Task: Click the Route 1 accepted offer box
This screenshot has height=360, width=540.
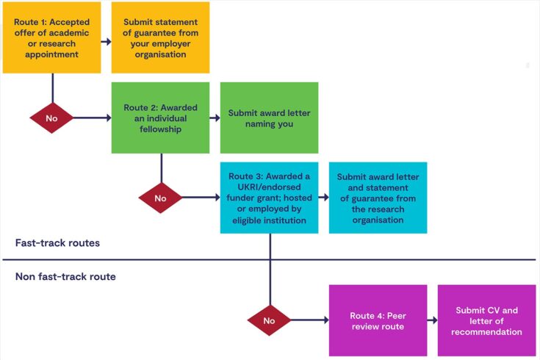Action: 51,37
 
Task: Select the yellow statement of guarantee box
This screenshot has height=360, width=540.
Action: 160,37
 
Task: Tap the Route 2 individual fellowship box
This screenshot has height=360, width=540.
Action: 160,118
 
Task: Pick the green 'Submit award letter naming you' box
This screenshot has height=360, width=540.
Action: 270,118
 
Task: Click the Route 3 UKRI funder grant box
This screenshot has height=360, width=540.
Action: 269,198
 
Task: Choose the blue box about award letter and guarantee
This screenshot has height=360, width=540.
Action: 378,198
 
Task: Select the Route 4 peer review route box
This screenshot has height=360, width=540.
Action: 378,320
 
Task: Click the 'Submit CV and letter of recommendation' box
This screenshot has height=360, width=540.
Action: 486,320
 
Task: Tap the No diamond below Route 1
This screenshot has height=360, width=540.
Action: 51,118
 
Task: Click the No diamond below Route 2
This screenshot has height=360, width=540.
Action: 160,198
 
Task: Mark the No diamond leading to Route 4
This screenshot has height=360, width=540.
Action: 269,320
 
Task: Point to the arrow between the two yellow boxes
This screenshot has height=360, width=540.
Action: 106,41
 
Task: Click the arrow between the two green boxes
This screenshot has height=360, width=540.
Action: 215,118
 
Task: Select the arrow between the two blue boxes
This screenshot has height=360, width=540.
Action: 323,198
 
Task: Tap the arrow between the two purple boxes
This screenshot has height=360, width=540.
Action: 432,320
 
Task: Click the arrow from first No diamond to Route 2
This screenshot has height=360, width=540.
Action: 92,118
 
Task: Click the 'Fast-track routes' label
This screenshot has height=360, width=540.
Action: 58,242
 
